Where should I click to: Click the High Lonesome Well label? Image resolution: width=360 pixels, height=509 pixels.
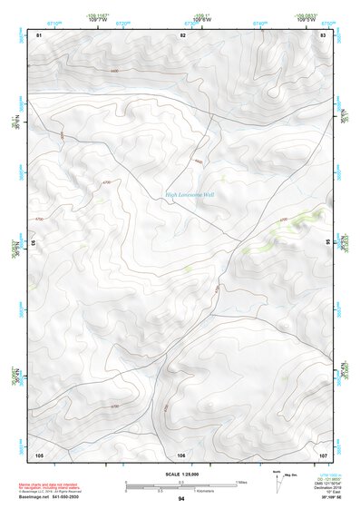tap(190, 193)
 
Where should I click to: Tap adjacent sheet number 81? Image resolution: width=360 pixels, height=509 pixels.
tap(39, 34)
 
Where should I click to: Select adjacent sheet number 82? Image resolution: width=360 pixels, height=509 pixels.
tap(182, 34)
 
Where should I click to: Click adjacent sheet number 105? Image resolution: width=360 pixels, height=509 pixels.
tap(39, 454)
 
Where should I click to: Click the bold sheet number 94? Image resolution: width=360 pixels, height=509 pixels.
tap(181, 499)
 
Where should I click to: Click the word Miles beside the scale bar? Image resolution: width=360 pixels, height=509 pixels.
tap(241, 482)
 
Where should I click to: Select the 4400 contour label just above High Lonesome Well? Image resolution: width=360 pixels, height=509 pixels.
tap(198, 162)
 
